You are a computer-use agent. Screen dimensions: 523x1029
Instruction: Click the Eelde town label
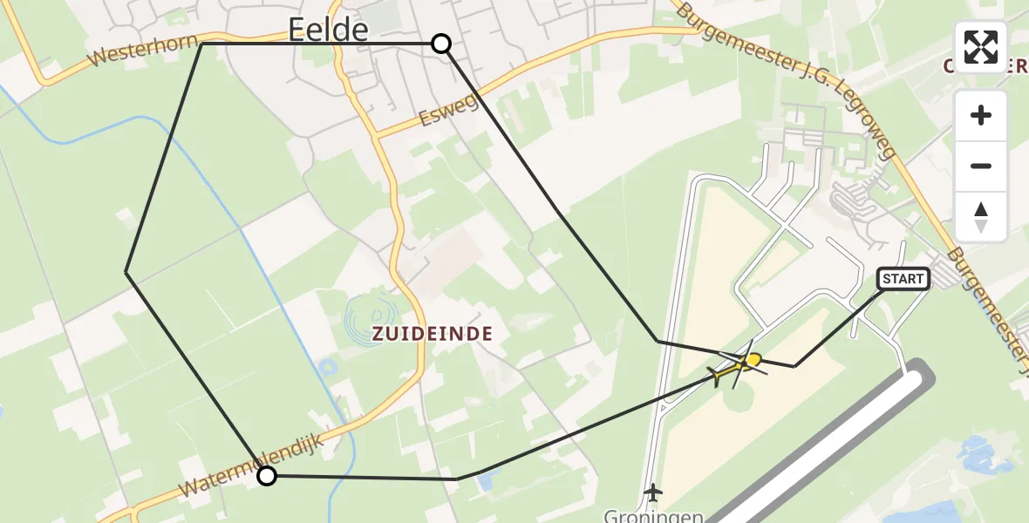[x=328, y=31]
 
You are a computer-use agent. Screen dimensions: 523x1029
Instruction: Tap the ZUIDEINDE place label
[x=433, y=333]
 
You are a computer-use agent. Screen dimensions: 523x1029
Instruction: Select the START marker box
[x=903, y=279]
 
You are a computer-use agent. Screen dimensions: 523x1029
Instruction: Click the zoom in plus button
[x=981, y=115]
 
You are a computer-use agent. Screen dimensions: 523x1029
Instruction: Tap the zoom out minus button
[x=981, y=166]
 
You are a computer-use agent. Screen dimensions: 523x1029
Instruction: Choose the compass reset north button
[x=981, y=216]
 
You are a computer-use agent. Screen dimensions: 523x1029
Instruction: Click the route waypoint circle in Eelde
[x=441, y=44]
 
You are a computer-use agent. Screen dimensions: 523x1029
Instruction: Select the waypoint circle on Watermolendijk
[x=267, y=475]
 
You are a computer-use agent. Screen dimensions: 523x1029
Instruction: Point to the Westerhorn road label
[x=133, y=54]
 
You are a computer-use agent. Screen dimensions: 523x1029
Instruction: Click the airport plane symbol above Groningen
[x=651, y=492]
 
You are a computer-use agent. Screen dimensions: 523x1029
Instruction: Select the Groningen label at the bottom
[x=654, y=516]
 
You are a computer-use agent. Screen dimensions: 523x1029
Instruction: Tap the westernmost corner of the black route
[x=127, y=273]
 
